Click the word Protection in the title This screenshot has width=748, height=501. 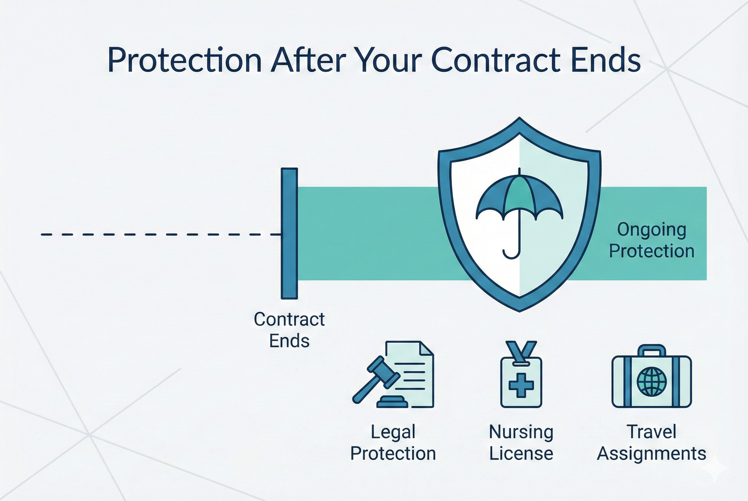coord(184,60)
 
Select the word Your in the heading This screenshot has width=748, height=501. coord(387,60)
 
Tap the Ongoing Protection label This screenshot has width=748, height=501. coord(651,240)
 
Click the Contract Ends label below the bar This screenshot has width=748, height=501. coord(289,330)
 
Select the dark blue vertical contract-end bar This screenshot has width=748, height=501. coord(289,233)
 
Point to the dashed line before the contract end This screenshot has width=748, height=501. coord(159,234)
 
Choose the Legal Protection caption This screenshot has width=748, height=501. coord(393,443)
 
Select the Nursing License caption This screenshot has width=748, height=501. coord(521,443)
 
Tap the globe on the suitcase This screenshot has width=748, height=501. coord(652,380)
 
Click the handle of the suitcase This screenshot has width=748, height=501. coord(652,350)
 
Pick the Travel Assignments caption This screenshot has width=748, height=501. coord(651,443)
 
